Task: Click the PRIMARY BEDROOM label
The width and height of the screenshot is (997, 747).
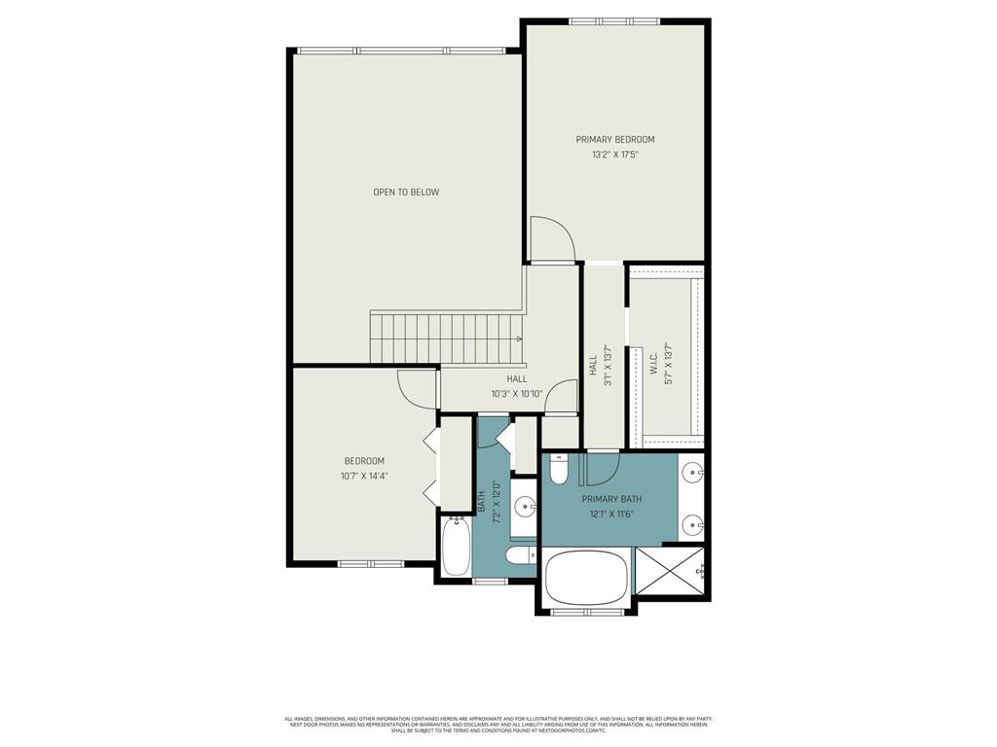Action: (x=614, y=139)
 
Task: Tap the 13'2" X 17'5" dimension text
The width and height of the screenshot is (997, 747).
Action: (x=614, y=154)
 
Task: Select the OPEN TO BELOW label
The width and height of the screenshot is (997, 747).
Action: (x=406, y=192)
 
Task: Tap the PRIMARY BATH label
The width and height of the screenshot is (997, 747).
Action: (x=611, y=499)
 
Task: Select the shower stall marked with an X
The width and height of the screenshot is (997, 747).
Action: (x=671, y=571)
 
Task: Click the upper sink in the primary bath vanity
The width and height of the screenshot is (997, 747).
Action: (x=692, y=474)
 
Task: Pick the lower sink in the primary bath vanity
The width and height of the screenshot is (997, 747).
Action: (x=692, y=525)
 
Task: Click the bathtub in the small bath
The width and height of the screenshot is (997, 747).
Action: (x=456, y=548)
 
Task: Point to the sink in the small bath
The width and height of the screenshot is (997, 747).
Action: (x=525, y=506)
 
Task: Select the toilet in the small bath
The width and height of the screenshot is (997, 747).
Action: (x=520, y=554)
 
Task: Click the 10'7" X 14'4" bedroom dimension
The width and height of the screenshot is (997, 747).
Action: (x=363, y=476)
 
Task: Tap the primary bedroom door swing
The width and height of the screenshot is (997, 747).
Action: (x=551, y=239)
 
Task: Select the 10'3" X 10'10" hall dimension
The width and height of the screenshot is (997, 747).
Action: (x=516, y=394)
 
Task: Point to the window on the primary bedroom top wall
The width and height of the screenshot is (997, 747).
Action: (x=613, y=21)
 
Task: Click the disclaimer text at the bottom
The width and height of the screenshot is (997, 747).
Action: (x=498, y=725)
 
